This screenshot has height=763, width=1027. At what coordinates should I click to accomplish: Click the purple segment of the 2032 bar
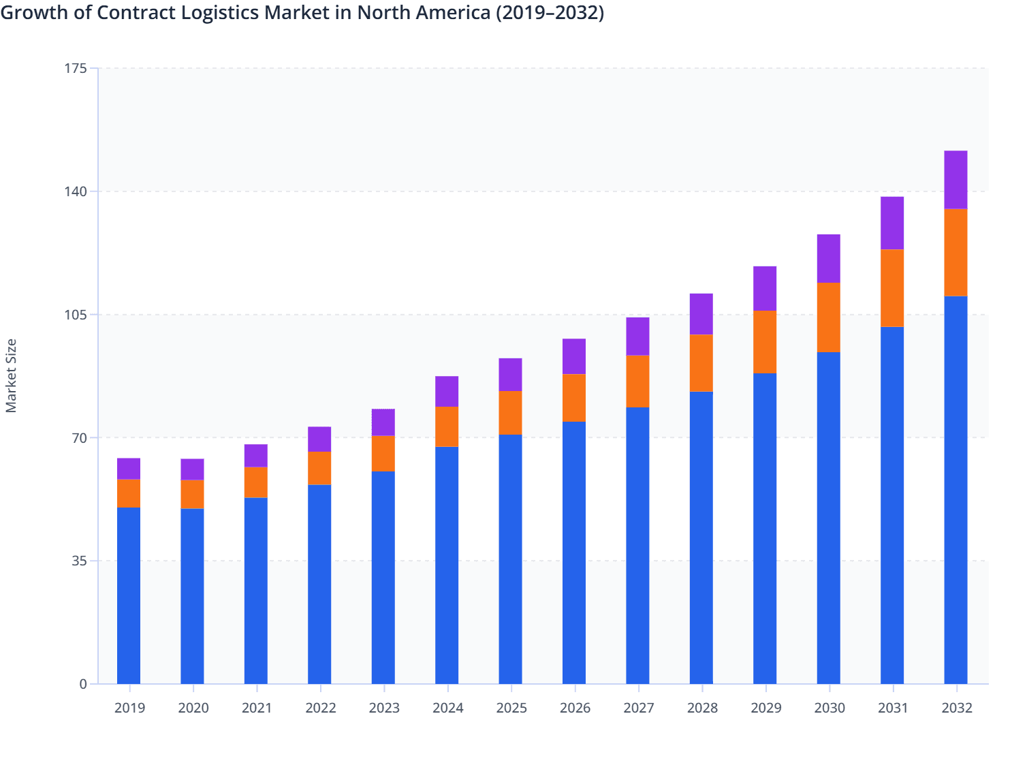pyautogui.click(x=955, y=180)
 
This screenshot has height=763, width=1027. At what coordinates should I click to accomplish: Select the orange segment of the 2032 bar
pyautogui.click(x=955, y=253)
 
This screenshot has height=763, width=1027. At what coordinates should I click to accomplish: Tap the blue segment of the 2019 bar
pyautogui.click(x=129, y=595)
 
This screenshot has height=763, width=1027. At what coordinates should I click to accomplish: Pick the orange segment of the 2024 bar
pyautogui.click(x=447, y=426)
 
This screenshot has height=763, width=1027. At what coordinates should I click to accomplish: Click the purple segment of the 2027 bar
pyautogui.click(x=637, y=337)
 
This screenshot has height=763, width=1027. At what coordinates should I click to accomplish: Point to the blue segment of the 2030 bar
pyautogui.click(x=828, y=518)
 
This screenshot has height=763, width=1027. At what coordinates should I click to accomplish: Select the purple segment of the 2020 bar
pyautogui.click(x=192, y=469)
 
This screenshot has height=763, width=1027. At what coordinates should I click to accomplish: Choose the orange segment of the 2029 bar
pyautogui.click(x=765, y=342)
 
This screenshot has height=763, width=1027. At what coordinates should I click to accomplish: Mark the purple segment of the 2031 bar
pyautogui.click(x=892, y=223)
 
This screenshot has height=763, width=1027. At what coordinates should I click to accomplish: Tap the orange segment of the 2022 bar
pyautogui.click(x=319, y=469)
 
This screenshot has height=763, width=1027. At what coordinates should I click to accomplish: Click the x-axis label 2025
pyautogui.click(x=511, y=708)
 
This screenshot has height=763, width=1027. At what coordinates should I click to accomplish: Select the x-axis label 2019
pyautogui.click(x=129, y=708)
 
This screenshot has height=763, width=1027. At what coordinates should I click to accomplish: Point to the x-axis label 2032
pyautogui.click(x=957, y=708)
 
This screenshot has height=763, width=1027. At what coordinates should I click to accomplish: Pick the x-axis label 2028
pyautogui.click(x=702, y=708)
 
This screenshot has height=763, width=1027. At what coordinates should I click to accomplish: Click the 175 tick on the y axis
pyautogui.click(x=77, y=68)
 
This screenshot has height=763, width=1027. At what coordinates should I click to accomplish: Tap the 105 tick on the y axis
pyautogui.click(x=77, y=315)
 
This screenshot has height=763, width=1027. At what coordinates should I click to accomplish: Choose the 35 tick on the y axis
pyautogui.click(x=80, y=561)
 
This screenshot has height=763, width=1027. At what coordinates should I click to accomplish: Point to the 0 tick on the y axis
pyautogui.click(x=83, y=685)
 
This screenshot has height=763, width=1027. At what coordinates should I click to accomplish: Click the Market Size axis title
pyautogui.click(x=12, y=375)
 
